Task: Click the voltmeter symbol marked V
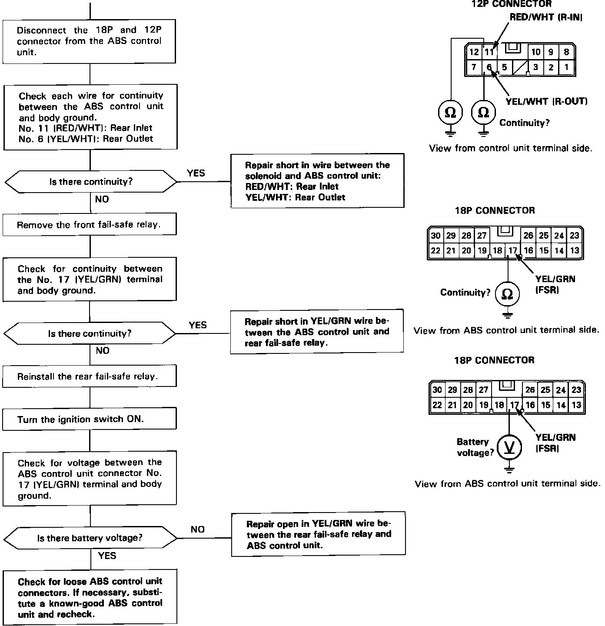[509, 447]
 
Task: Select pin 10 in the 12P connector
[536, 52]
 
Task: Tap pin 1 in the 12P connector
[566, 67]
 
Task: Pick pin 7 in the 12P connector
[474, 67]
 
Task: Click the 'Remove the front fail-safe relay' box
[90, 225]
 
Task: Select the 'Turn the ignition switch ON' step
[90, 420]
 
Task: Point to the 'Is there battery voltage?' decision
[90, 538]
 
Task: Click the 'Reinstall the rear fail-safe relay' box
[90, 376]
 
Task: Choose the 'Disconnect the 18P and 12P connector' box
[90, 41]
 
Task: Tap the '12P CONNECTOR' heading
[512, 4]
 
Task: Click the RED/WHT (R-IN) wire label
[546, 17]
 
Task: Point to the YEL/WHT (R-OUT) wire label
[547, 102]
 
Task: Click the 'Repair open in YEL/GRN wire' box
[318, 534]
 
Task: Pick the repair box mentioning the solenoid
[317, 181]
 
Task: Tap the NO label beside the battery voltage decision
[197, 529]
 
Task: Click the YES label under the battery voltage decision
[107, 556]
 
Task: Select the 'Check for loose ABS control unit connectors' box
[90, 598]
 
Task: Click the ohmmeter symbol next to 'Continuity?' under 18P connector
[507, 294]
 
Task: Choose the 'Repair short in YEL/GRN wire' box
[317, 332]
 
